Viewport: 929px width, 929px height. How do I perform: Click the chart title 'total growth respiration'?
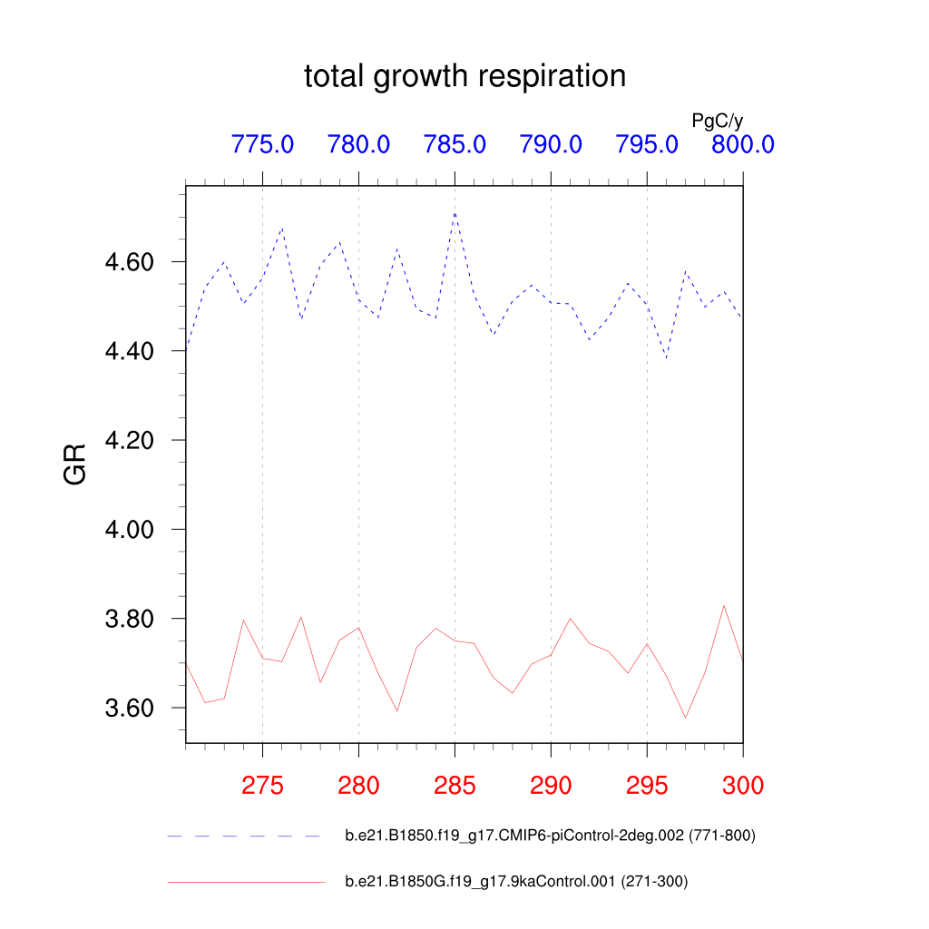464,76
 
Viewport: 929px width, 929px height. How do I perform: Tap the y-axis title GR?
76,464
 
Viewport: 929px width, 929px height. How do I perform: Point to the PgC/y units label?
717,121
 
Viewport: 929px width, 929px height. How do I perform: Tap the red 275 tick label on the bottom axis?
262,786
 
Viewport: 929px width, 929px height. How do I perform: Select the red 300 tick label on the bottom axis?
742,786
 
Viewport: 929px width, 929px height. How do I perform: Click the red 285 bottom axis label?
455,786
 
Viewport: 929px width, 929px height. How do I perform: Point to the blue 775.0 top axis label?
262,144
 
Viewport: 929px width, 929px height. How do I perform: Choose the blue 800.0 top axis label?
742,144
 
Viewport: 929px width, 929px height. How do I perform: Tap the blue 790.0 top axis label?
551,144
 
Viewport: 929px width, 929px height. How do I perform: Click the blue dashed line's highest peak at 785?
455,213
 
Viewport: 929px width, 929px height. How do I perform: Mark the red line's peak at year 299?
724,605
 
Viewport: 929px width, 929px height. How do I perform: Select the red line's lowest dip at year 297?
686,718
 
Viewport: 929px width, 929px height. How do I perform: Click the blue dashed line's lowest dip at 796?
667,358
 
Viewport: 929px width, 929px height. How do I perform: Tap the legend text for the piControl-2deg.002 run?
550,836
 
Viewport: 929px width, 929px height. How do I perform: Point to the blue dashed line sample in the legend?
245,836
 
